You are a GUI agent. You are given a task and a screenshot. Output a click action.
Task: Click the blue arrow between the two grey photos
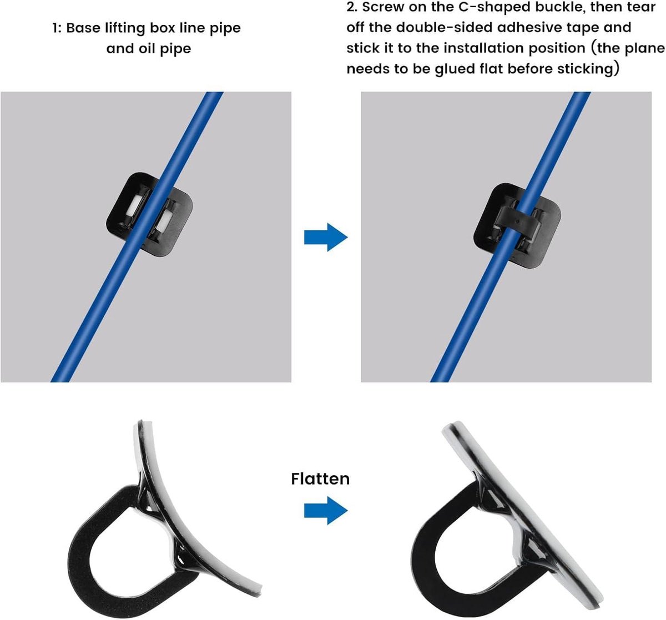pyautogui.click(x=326, y=237)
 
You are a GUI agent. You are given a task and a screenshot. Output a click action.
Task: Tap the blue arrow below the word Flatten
pyautogui.click(x=326, y=510)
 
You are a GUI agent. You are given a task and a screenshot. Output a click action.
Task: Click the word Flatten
pyautogui.click(x=320, y=479)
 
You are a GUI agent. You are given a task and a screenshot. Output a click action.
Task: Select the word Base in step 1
pyautogui.click(x=83, y=28)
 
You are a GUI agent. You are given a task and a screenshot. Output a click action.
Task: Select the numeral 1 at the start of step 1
pyautogui.click(x=55, y=28)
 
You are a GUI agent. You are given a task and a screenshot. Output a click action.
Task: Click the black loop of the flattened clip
pyautogui.click(x=423, y=550)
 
